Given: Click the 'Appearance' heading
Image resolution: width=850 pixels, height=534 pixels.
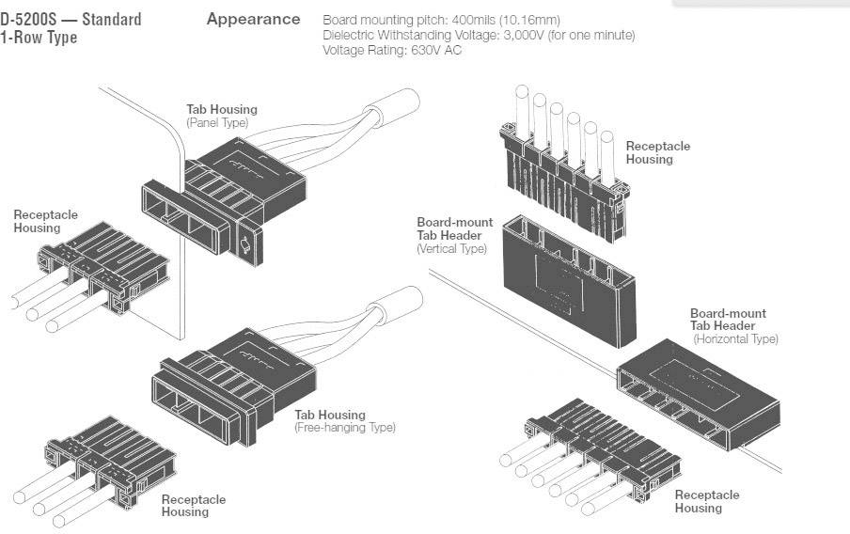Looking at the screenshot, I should [x=253, y=19].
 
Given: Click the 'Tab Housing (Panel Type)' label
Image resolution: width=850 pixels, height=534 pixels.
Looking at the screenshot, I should [x=221, y=116].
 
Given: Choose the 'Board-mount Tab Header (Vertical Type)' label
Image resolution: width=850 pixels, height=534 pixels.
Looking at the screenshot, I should [x=454, y=235].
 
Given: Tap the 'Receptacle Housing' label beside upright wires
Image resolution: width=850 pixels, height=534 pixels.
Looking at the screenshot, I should [x=657, y=152].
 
